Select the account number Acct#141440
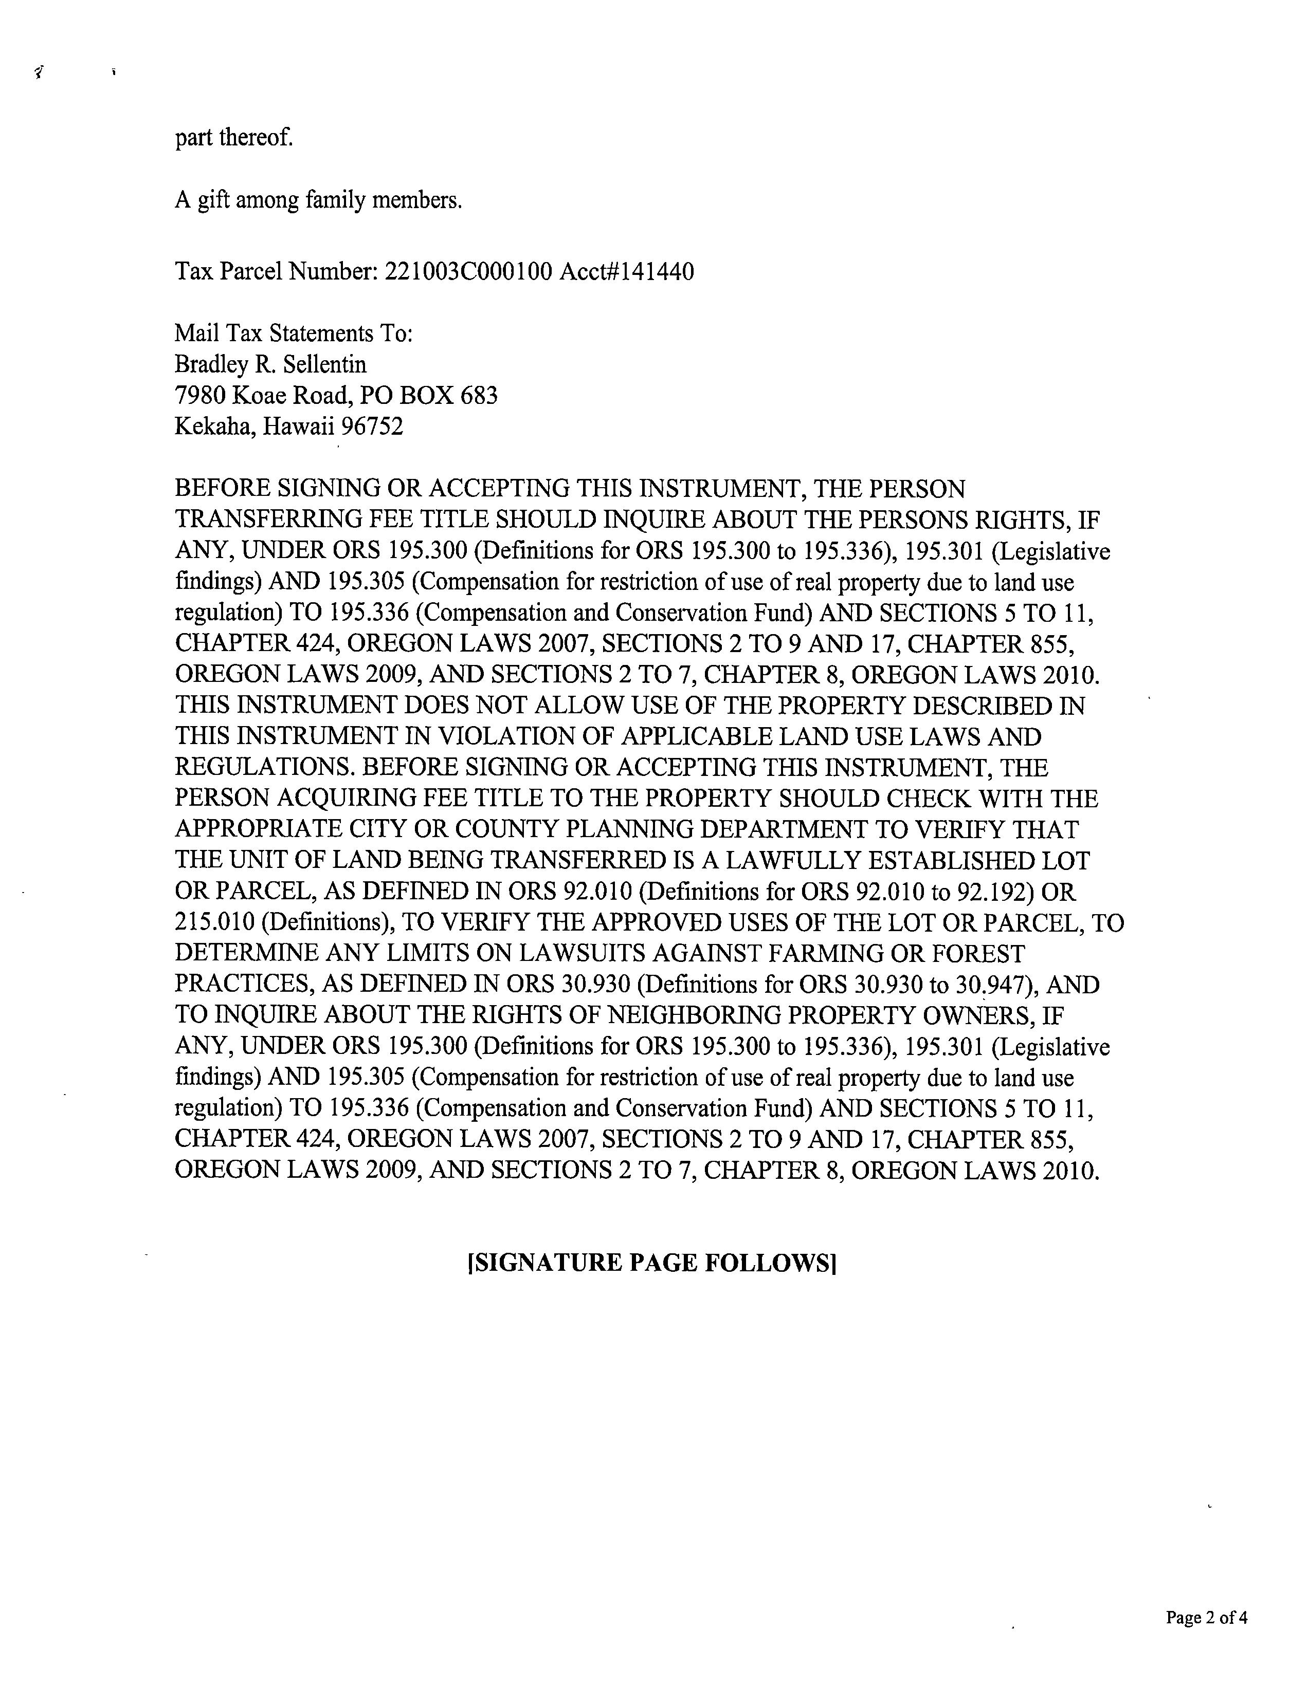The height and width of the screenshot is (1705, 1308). click(627, 272)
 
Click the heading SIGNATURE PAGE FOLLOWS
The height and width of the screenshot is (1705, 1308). click(651, 1262)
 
